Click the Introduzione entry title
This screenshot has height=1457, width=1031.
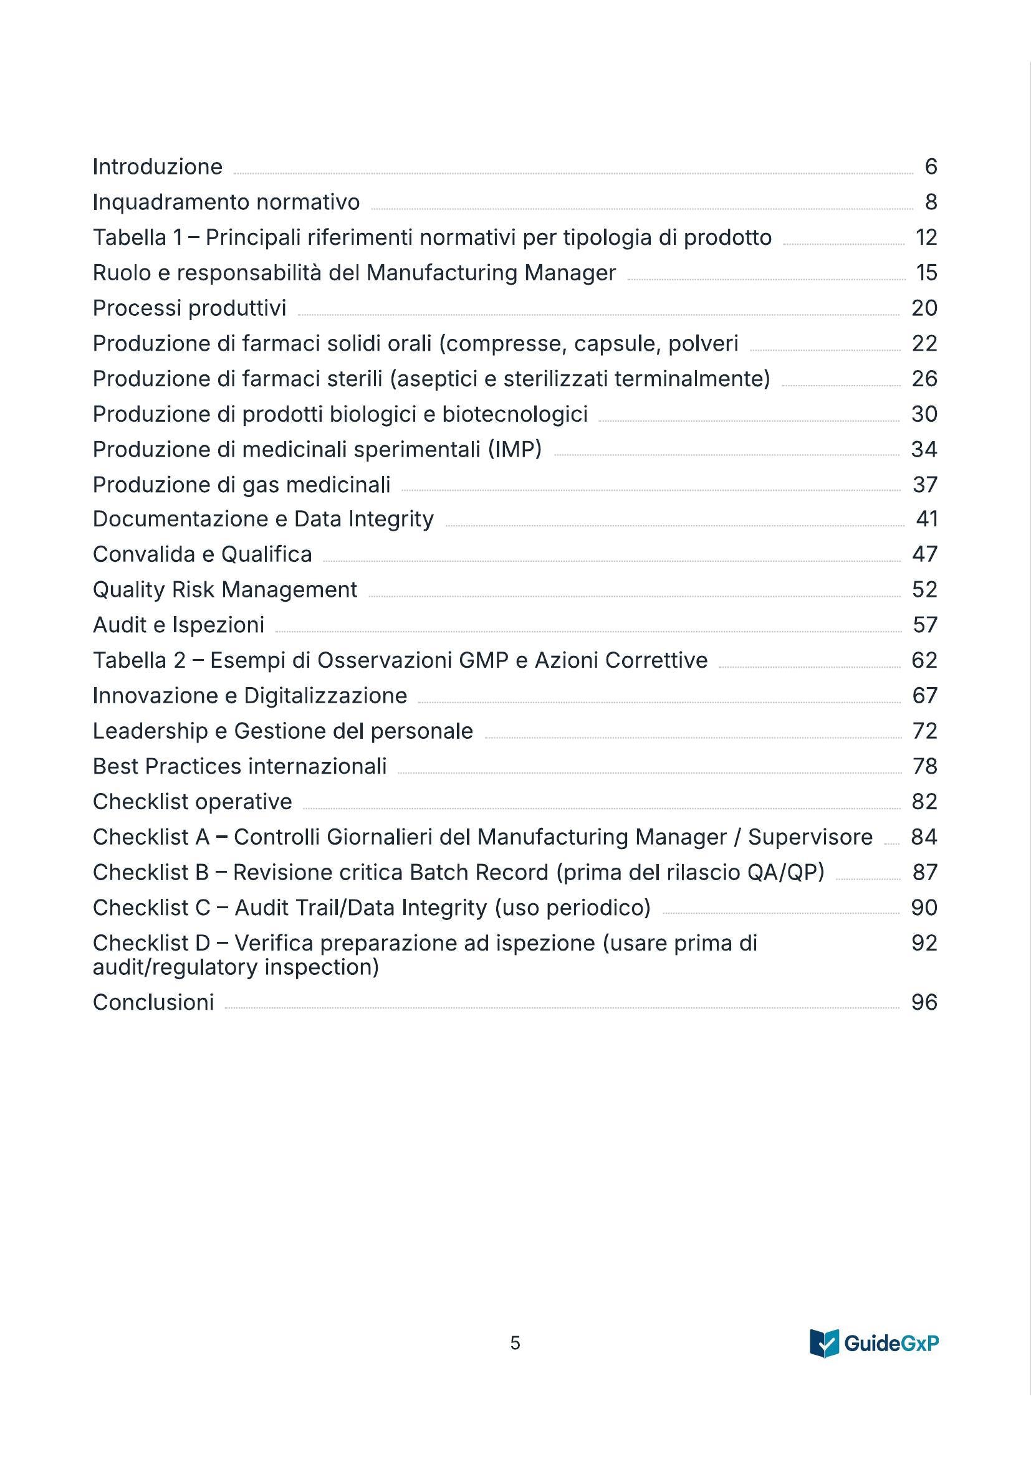tap(158, 167)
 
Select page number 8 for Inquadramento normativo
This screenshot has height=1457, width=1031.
tap(931, 202)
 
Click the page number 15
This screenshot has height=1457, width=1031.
tap(926, 273)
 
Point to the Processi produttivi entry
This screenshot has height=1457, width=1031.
tap(189, 308)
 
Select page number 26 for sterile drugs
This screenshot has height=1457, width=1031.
tap(924, 379)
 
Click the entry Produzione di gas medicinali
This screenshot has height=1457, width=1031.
tap(241, 485)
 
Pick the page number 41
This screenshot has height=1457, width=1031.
tap(926, 519)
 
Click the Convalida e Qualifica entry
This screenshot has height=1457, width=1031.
tap(203, 554)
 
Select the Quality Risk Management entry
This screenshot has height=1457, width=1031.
tap(225, 590)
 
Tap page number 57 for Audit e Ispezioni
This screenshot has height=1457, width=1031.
tap(924, 625)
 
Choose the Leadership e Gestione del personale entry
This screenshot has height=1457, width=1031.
tap(282, 731)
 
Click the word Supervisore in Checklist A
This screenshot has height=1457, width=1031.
tap(810, 837)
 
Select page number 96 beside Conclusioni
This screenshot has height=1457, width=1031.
tap(924, 1002)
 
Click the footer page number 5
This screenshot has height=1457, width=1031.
tap(515, 1343)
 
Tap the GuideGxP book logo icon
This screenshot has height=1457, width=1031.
tap(824, 1343)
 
